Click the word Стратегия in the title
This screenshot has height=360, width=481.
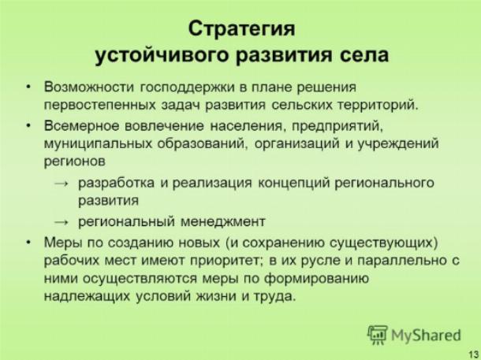click(242, 29)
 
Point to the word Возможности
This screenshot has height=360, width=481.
click(89, 87)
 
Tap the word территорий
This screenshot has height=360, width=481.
click(378, 106)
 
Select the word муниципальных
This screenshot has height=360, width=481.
click(98, 144)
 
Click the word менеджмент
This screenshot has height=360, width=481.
click(222, 221)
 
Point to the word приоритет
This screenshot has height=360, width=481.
click(226, 261)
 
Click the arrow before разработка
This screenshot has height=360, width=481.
click(62, 184)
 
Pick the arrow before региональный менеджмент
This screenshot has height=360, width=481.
click(62, 222)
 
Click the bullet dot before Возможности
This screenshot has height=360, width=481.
click(28, 87)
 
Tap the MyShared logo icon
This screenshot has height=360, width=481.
click(378, 335)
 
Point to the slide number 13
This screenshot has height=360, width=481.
click(474, 352)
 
